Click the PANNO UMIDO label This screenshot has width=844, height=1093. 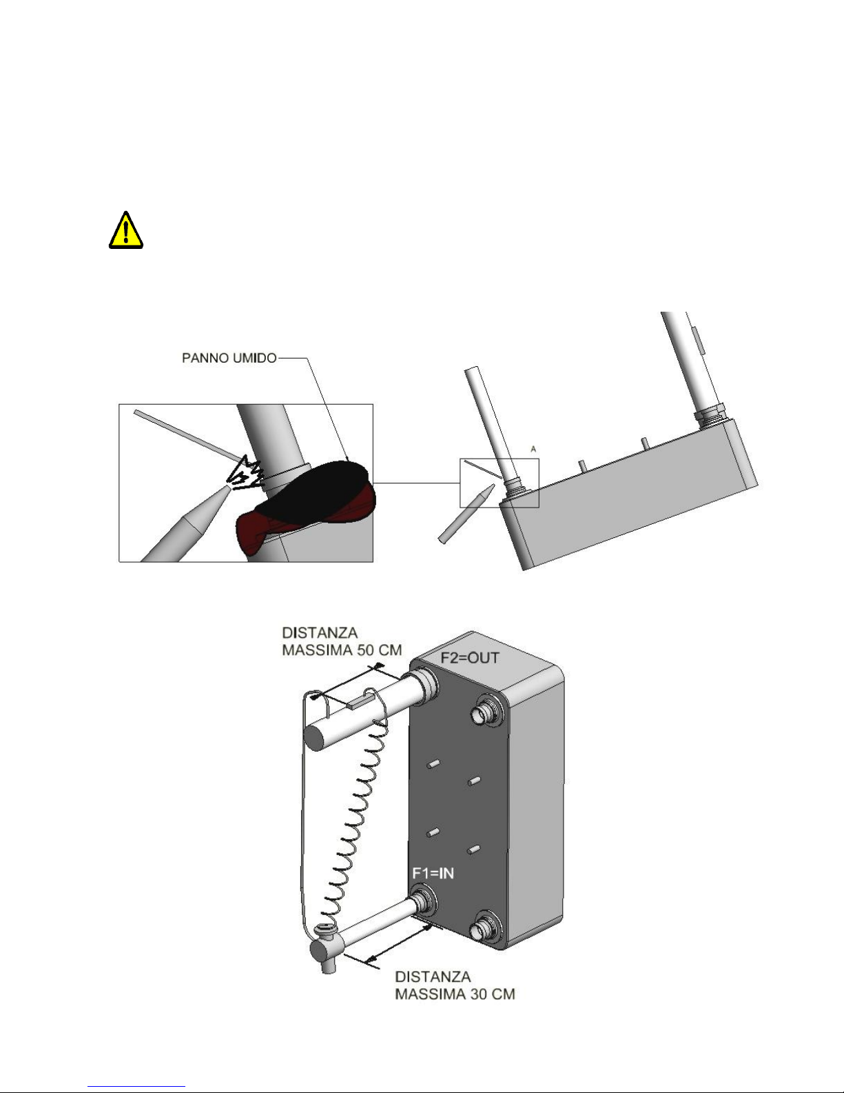pyautogui.click(x=229, y=358)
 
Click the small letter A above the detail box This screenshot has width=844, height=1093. pyautogui.click(x=533, y=449)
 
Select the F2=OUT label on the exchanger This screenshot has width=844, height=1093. pyautogui.click(x=470, y=658)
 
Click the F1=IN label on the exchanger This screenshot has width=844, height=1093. pyautogui.click(x=433, y=873)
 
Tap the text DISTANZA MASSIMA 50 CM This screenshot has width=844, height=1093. pyautogui.click(x=342, y=641)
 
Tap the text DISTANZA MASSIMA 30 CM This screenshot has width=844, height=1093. pyautogui.click(x=455, y=985)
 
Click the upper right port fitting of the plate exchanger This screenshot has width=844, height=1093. pyautogui.click(x=485, y=711)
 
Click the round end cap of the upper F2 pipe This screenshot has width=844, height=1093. pyautogui.click(x=316, y=739)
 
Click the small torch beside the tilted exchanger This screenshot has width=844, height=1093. pyautogui.click(x=466, y=514)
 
